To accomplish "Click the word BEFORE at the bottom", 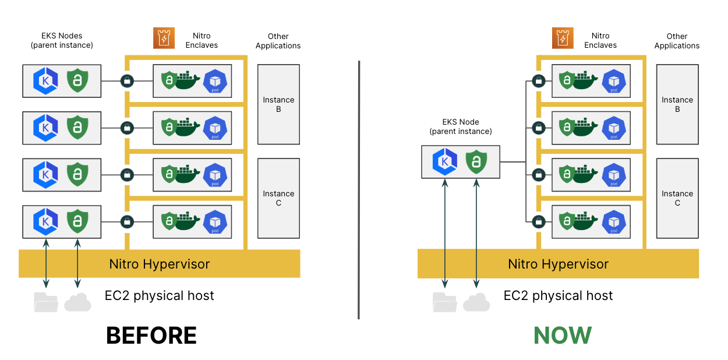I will pos(151,336).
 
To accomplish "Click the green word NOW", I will pos(563,336).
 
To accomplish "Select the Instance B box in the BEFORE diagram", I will pos(278,104).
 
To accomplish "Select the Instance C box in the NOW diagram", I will pos(677,198).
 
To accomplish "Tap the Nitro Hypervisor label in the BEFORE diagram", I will pos(159,264).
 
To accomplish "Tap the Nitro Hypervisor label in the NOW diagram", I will pos(558,264).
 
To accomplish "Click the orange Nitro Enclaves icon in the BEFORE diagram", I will pos(164,38).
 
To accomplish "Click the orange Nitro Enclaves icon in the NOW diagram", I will pos(563,38).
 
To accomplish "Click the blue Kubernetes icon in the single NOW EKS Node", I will pos(444,162).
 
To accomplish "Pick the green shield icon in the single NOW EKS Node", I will pos(477,162).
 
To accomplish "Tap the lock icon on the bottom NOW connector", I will pos(539,221).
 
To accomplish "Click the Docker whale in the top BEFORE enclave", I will pos(188,80).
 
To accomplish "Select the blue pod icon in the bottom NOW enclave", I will pos(614,221).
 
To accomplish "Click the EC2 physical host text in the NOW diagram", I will pos(558,295).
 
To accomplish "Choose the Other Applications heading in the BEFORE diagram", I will pos(278,41).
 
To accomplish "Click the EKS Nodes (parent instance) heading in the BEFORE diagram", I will pos(61,40).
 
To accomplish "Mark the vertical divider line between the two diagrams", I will pos(358,189).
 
